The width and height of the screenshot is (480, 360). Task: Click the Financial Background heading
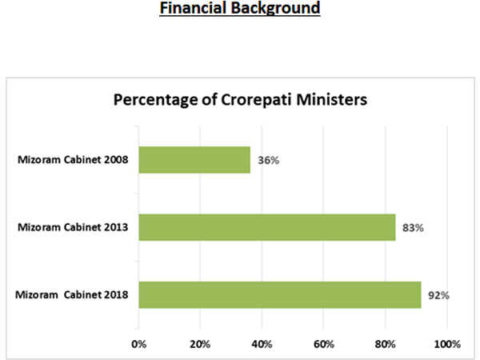[x=239, y=10]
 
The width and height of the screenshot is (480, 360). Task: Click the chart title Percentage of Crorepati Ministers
[x=239, y=101]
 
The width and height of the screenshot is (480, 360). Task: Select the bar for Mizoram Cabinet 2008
[x=194, y=159]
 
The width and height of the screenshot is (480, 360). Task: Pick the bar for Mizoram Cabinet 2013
[x=267, y=227]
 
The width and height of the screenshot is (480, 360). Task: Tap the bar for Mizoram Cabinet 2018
[x=280, y=294]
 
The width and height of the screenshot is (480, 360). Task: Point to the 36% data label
[x=268, y=160]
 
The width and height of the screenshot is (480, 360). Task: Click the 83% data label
[x=413, y=228]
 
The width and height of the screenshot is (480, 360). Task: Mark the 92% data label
[x=438, y=295]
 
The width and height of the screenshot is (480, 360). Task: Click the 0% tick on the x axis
[x=139, y=344]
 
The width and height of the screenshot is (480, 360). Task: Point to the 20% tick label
[x=200, y=344]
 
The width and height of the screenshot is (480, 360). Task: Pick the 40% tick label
[x=262, y=344]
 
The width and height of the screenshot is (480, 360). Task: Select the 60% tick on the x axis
[x=323, y=344]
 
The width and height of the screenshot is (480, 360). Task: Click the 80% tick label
[x=385, y=344]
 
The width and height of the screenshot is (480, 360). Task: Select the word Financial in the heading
[x=194, y=10]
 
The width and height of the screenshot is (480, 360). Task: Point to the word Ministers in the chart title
[x=331, y=101]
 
